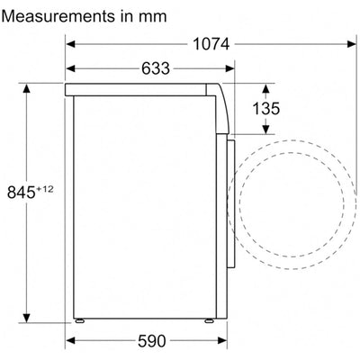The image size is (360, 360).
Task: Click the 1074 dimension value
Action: pos(211,44)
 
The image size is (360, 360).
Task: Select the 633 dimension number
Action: pos(156,68)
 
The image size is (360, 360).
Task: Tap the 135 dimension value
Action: pos(266,109)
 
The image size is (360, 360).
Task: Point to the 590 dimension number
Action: pos(151,341)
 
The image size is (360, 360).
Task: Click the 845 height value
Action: pos(21,193)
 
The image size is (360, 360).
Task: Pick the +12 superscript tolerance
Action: pos(44,189)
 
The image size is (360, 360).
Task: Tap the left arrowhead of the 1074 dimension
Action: pos(70,44)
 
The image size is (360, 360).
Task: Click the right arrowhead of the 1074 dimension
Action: pos(352,44)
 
